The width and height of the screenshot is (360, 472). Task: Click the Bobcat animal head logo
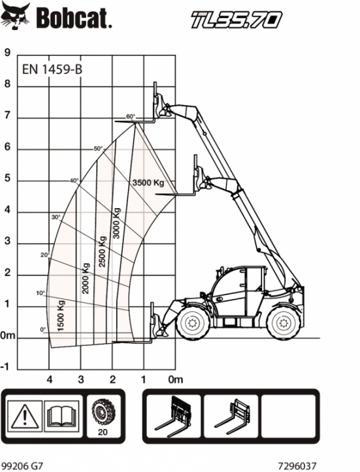pos(16,16)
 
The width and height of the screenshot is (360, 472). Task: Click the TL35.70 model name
pos(237,20)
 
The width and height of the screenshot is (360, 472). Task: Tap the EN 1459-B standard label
pos(52,69)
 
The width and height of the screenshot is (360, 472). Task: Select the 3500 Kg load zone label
pos(148,182)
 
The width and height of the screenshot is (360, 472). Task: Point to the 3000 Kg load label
pos(116,223)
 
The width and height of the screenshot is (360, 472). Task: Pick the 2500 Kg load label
pos(103,251)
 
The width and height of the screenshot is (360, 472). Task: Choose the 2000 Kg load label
pos(86,279)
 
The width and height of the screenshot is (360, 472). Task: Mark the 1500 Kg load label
pos(61,315)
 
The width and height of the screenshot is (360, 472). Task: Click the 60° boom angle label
pos(131,116)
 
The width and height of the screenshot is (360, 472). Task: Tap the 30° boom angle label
pos(56,217)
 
